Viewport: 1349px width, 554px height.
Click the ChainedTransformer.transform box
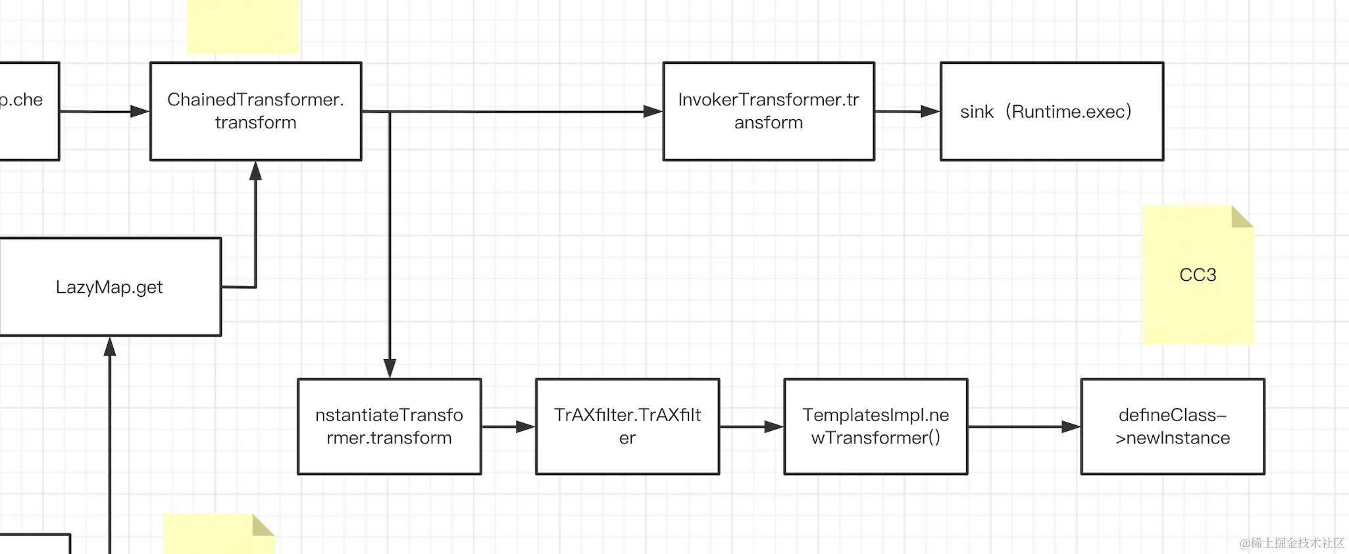click(255, 111)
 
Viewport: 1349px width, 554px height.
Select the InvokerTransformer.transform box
click(768, 111)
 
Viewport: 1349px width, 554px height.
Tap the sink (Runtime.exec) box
click(1052, 111)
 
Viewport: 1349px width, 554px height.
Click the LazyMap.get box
click(109, 287)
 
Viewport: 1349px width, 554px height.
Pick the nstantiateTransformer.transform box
click(389, 426)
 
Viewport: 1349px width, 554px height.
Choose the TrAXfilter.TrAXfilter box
click(627, 426)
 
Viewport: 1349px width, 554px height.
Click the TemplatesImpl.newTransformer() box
click(875, 426)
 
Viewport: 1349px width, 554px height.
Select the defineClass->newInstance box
click(1172, 426)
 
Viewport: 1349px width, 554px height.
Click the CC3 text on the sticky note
click(1198, 275)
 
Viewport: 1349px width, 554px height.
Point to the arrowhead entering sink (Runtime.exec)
click(930, 112)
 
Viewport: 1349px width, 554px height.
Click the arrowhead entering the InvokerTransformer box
click(652, 112)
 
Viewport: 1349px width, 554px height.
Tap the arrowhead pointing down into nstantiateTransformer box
click(390, 368)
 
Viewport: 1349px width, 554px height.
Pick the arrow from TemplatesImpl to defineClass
click(1024, 427)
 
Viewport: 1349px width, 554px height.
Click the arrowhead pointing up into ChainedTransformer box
click(255, 171)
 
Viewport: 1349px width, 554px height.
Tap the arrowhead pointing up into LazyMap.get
click(110, 347)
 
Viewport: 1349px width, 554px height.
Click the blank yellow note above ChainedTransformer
click(242, 26)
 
